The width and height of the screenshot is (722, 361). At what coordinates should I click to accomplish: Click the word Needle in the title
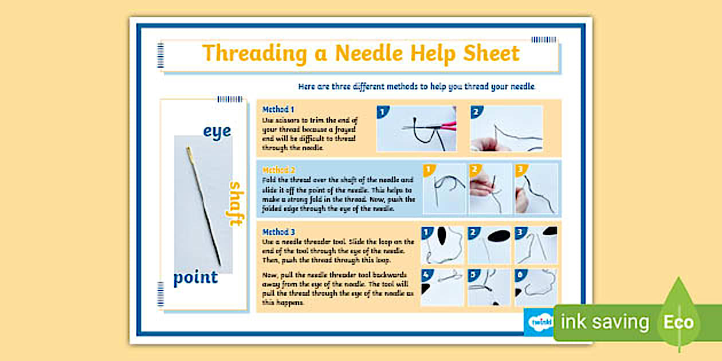369,53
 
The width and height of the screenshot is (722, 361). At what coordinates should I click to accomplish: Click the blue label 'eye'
217,131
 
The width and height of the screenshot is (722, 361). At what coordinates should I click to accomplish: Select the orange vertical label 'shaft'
235,203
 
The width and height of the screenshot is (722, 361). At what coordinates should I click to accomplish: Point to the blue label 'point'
195,277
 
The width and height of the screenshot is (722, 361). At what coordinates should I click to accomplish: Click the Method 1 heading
278,109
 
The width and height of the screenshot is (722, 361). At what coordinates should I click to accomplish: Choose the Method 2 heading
278,170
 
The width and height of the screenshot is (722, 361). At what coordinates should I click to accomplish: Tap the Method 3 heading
278,232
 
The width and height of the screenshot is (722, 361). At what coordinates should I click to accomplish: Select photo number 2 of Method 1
507,129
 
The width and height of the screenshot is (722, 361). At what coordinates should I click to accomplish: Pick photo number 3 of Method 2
536,189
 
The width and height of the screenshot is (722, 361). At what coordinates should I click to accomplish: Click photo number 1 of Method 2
445,189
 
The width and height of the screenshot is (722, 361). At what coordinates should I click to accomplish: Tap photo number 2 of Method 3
489,245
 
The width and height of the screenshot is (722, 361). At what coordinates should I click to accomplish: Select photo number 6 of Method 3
535,287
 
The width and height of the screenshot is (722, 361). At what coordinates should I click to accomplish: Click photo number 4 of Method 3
442,287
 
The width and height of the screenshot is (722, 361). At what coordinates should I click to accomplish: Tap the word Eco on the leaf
678,322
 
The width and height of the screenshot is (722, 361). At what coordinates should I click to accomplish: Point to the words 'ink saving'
605,322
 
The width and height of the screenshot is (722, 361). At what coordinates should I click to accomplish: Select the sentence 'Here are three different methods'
417,87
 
